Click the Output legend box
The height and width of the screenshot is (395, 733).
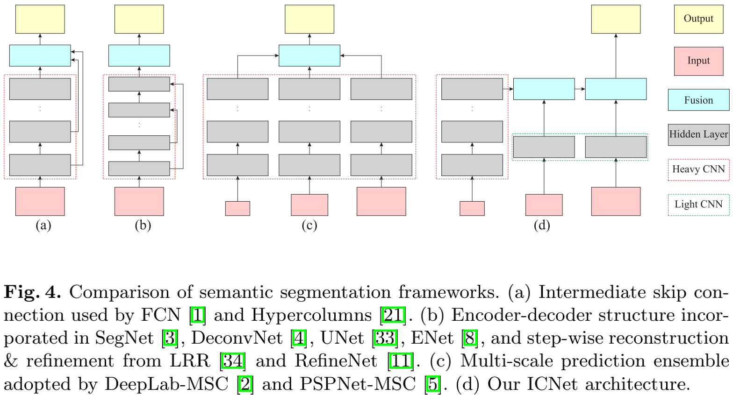click(698, 19)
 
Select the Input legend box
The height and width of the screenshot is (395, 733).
click(698, 61)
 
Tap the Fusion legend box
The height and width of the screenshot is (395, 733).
click(698, 100)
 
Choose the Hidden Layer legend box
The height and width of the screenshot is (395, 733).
click(698, 134)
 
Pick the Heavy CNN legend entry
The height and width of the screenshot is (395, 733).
click(698, 169)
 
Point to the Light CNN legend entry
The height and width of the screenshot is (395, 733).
click(698, 205)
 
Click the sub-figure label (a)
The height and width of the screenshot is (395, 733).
click(43, 226)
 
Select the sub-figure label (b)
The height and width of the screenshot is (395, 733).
click(143, 226)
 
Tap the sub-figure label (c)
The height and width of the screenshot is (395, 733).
click(309, 226)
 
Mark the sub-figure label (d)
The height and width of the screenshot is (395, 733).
click(542, 226)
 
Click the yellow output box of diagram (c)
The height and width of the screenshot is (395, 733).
click(309, 19)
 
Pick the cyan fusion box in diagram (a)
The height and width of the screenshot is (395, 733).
click(40, 56)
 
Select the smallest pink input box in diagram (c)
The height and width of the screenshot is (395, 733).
click(237, 208)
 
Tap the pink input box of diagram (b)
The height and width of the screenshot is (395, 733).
click(139, 201)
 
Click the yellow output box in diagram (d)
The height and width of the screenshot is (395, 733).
click(616, 19)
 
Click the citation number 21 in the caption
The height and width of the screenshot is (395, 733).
click(393, 315)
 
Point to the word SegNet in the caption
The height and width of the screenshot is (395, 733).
click(124, 338)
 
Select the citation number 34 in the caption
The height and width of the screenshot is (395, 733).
click(232, 361)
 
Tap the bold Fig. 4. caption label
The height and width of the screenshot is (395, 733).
click(33, 292)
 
